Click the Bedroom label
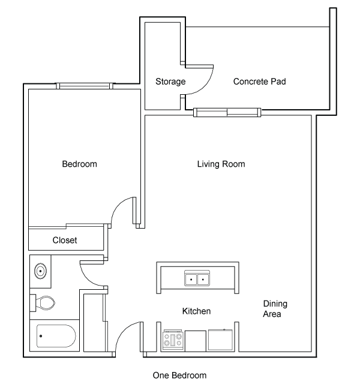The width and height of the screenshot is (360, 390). (x=79, y=164)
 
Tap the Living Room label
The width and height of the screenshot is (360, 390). (x=221, y=164)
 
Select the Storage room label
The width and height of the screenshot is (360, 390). (x=170, y=82)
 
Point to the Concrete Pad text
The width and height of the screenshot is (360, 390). (x=259, y=82)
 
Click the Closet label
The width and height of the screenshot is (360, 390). (x=65, y=240)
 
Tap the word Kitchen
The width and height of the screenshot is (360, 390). (x=196, y=311)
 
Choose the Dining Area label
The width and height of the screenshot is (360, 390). (x=275, y=308)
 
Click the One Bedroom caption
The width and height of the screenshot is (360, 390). (x=179, y=375)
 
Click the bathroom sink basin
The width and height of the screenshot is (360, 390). (x=40, y=271)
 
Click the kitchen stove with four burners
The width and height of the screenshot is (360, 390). (x=173, y=340)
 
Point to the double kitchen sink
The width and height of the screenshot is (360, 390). (x=197, y=278)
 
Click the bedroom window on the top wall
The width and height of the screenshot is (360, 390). (x=85, y=86)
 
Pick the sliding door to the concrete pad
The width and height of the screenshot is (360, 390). (x=227, y=112)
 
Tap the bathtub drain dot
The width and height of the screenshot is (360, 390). (x=41, y=336)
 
